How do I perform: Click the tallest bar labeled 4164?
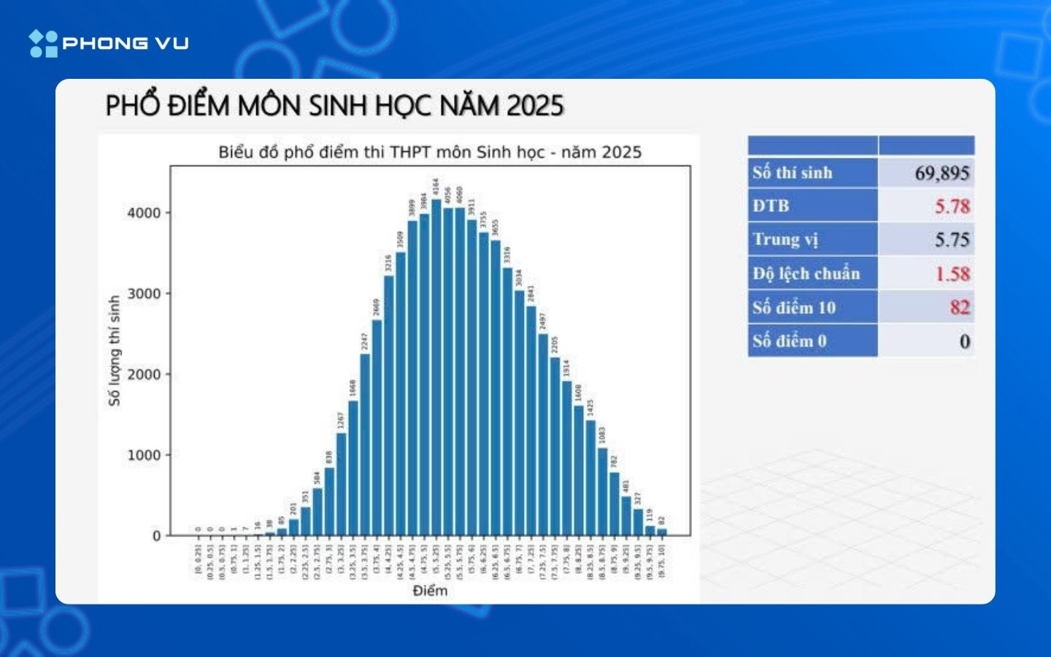coord(436,365)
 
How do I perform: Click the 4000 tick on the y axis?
coord(144,213)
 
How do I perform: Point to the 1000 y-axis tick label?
coord(144,455)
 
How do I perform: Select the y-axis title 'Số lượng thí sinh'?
coord(114,350)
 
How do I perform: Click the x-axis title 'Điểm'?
coord(430,591)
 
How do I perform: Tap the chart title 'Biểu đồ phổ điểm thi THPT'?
coord(430,153)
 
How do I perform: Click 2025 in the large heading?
coord(535,106)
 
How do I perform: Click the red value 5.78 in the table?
coord(952,207)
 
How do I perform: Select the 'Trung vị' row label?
coord(786,239)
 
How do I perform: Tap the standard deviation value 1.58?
coord(952,274)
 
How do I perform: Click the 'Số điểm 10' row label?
coord(794,307)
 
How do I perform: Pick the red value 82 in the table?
coord(959,307)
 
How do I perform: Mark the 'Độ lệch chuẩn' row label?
coord(806,274)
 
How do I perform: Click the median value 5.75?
coord(952,239)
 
